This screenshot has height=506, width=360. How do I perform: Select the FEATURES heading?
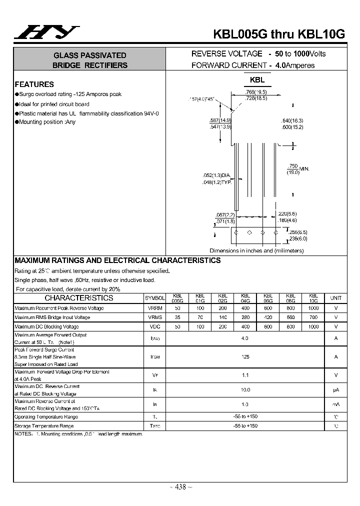click(x=34, y=84)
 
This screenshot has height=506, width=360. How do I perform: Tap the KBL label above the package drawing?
click(x=257, y=80)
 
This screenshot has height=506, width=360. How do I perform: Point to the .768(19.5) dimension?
click(x=256, y=92)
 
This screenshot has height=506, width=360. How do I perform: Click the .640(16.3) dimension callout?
click(x=292, y=121)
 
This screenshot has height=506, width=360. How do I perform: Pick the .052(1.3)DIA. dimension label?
click(x=216, y=175)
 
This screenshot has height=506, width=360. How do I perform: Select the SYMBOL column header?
click(x=154, y=298)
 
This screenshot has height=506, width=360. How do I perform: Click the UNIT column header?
click(x=336, y=298)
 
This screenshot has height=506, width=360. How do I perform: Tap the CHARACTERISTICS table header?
click(x=79, y=298)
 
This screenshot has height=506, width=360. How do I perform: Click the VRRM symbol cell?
click(x=154, y=308)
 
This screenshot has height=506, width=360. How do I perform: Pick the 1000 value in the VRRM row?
click(x=313, y=308)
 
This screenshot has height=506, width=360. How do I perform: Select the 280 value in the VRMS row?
click(x=245, y=317)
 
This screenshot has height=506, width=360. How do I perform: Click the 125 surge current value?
click(x=245, y=357)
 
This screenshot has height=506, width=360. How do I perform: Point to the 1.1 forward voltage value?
click(x=245, y=375)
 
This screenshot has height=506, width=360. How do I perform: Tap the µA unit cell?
click(x=336, y=389)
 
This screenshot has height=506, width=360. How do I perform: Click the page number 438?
click(x=181, y=487)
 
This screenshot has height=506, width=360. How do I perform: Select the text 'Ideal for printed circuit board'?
click(x=54, y=104)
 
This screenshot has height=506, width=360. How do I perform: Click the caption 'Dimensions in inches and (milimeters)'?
click(x=256, y=250)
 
